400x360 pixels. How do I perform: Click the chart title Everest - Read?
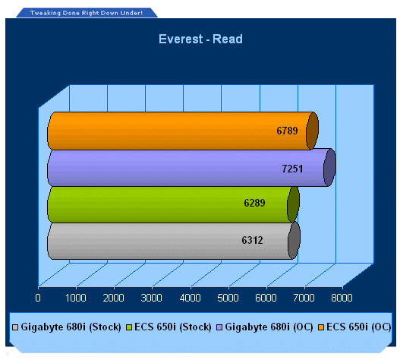(200, 39)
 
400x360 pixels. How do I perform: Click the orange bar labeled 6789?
(183, 131)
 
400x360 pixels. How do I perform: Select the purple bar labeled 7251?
(191, 168)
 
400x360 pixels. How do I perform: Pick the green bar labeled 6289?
(173, 204)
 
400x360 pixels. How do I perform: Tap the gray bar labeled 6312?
(174, 241)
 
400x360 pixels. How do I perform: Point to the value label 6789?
(287, 131)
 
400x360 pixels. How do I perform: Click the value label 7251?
(292, 169)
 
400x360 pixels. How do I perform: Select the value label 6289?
(254, 203)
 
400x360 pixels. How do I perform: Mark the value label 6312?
(252, 240)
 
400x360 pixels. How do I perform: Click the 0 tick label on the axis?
(38, 298)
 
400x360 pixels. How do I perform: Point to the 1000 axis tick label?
(75, 298)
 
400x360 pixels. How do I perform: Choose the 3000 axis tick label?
(151, 298)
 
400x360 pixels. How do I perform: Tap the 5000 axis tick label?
(228, 298)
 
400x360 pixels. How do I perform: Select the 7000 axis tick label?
(304, 298)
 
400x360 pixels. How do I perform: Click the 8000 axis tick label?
(342, 298)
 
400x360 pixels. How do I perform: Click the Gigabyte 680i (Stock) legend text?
(71, 327)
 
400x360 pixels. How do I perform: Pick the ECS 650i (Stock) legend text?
(173, 327)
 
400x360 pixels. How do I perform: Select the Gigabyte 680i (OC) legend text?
(269, 327)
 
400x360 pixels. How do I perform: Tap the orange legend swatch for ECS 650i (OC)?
(321, 327)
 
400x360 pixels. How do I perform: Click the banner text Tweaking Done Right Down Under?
(87, 13)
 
